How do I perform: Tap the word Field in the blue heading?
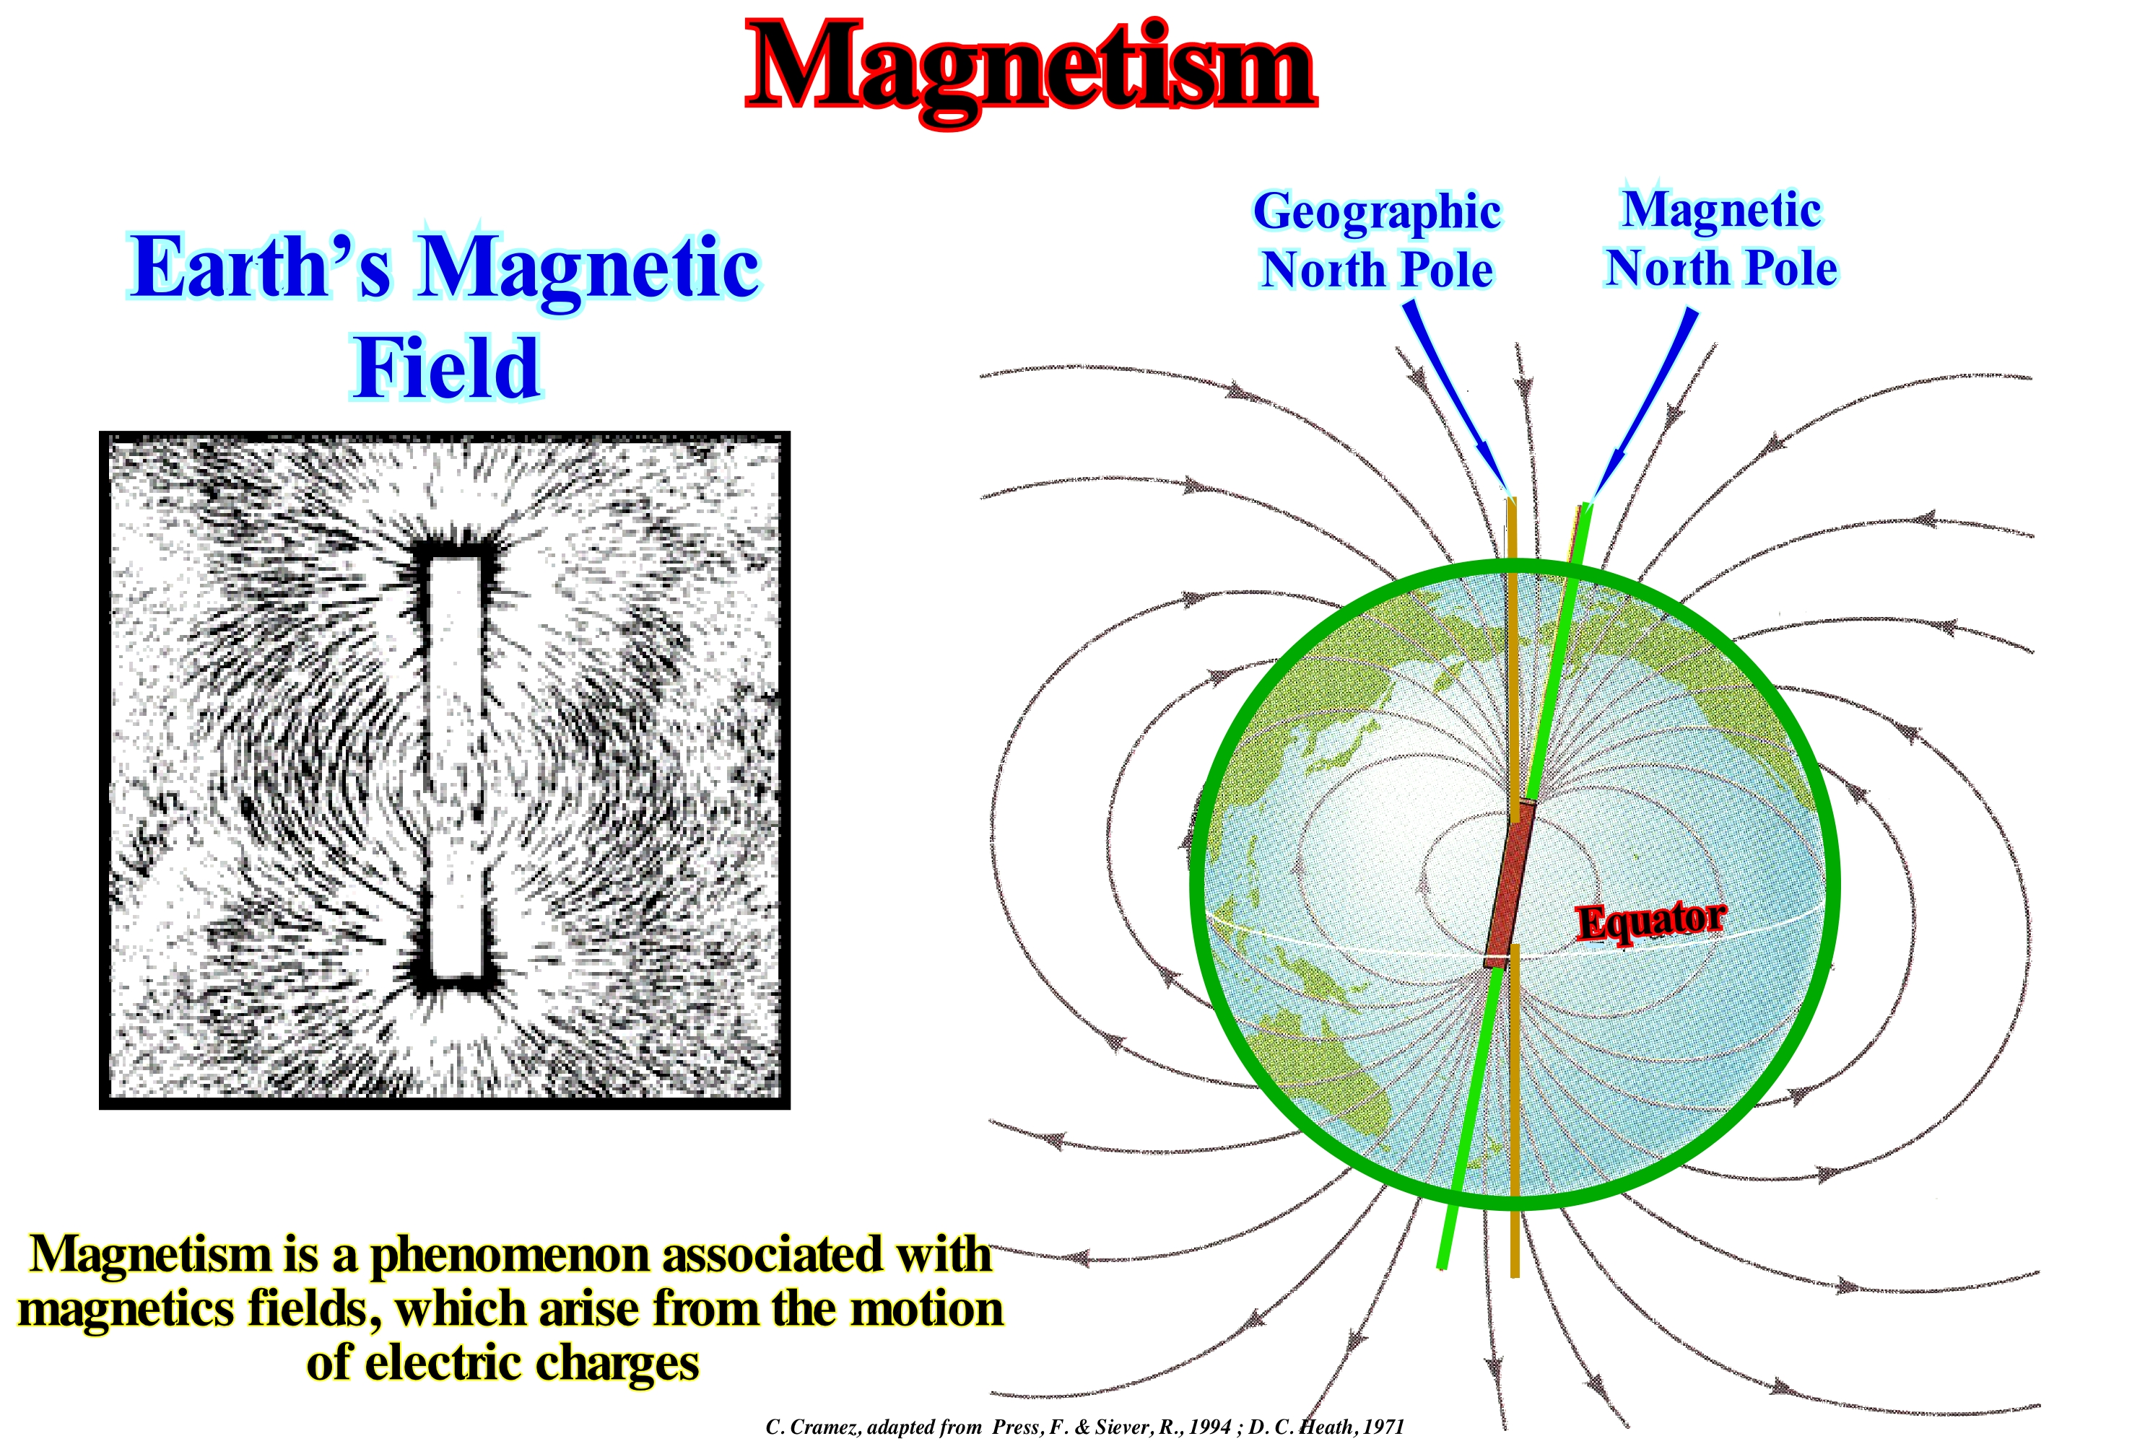point(447,367)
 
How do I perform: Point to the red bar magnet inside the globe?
point(1510,883)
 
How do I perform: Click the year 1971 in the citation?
point(1383,1426)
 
